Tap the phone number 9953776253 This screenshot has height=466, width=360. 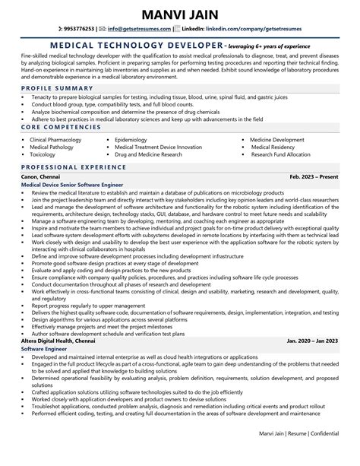(x=79, y=30)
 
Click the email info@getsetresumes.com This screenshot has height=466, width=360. (x=136, y=30)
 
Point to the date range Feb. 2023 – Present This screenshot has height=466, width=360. (x=313, y=177)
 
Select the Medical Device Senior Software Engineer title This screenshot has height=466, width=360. (x=74, y=185)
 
